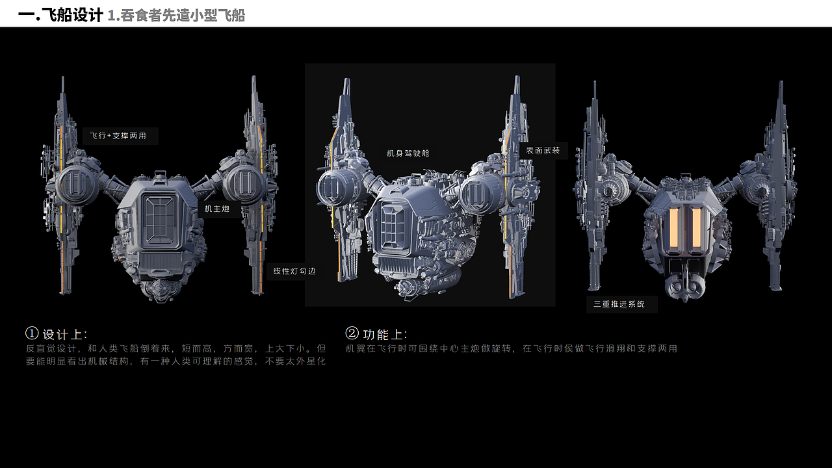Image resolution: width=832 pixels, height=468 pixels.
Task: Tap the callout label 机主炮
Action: (x=217, y=209)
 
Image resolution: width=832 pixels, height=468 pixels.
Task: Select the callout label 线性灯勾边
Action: (x=294, y=271)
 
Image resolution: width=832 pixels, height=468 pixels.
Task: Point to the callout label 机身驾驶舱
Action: (x=408, y=153)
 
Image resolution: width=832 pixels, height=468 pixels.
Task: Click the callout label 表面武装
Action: (x=543, y=151)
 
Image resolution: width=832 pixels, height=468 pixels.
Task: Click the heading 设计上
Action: (x=64, y=335)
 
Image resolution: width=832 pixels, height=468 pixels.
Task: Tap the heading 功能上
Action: (x=385, y=335)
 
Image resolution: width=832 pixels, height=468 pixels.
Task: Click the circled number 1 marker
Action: (x=32, y=333)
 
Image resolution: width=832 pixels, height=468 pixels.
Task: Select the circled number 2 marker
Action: (x=352, y=333)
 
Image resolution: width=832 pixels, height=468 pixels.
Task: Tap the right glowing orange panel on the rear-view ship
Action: (x=696, y=229)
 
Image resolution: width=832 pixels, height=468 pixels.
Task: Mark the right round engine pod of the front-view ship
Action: (x=242, y=184)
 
